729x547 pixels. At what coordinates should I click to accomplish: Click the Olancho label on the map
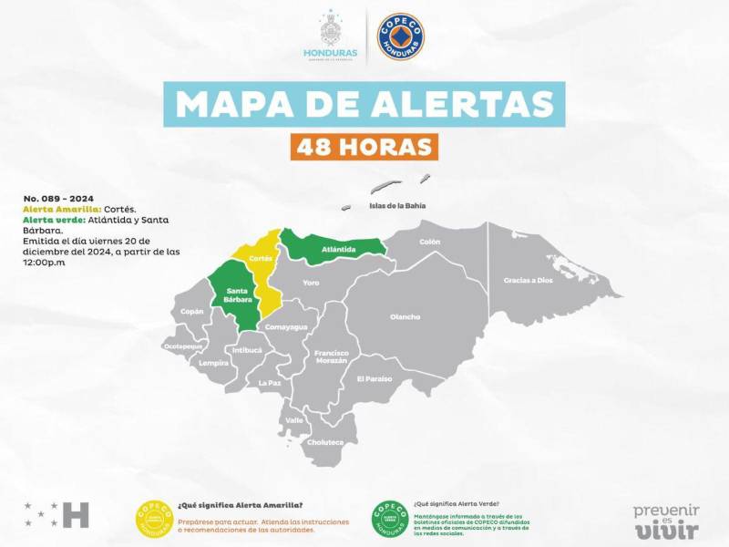click(405, 317)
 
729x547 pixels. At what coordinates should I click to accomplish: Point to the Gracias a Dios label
click(529, 280)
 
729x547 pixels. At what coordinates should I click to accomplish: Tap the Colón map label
click(429, 242)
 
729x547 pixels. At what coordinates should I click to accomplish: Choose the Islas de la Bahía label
click(397, 206)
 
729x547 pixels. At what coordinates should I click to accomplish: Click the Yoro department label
click(312, 283)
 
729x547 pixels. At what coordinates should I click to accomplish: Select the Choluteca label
click(326, 442)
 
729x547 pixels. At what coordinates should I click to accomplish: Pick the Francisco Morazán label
click(331, 356)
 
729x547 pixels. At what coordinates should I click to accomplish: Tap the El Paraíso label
click(374, 378)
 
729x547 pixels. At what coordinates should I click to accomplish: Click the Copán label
click(192, 312)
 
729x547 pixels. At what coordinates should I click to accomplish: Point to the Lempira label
click(214, 363)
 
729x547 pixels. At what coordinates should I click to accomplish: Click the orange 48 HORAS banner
click(364, 146)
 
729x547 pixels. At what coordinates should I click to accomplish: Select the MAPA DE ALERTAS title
click(364, 104)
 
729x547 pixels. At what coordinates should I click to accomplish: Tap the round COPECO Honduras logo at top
click(402, 36)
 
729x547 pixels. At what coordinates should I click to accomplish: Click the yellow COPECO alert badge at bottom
click(154, 519)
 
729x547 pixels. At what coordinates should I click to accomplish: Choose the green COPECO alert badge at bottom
click(389, 519)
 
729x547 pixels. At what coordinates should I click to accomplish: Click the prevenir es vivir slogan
click(666, 521)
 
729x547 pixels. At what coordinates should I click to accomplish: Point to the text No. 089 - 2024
click(58, 198)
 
